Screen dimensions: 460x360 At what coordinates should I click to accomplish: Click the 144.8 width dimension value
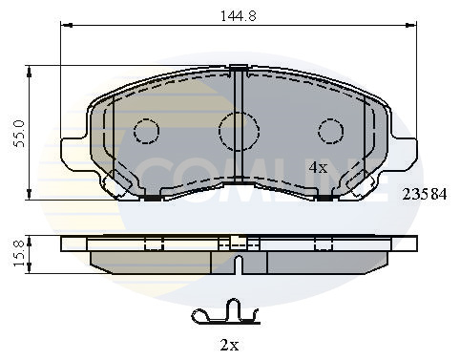(x=239, y=15)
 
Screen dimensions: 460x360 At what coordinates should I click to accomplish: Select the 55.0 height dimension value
(x=19, y=134)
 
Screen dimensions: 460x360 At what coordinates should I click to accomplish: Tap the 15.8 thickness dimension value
(x=19, y=253)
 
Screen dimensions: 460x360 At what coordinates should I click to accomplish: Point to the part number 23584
(x=425, y=194)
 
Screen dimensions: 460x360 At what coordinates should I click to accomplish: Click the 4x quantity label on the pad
(x=318, y=167)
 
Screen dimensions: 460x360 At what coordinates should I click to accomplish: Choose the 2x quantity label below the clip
(x=229, y=345)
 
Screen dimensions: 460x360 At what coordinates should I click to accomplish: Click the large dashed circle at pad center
(x=239, y=131)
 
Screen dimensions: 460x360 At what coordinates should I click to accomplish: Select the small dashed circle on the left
(x=146, y=131)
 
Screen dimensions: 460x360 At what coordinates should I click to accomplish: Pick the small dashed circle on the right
(x=331, y=131)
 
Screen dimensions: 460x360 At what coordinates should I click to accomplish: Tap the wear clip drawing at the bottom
(x=226, y=313)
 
